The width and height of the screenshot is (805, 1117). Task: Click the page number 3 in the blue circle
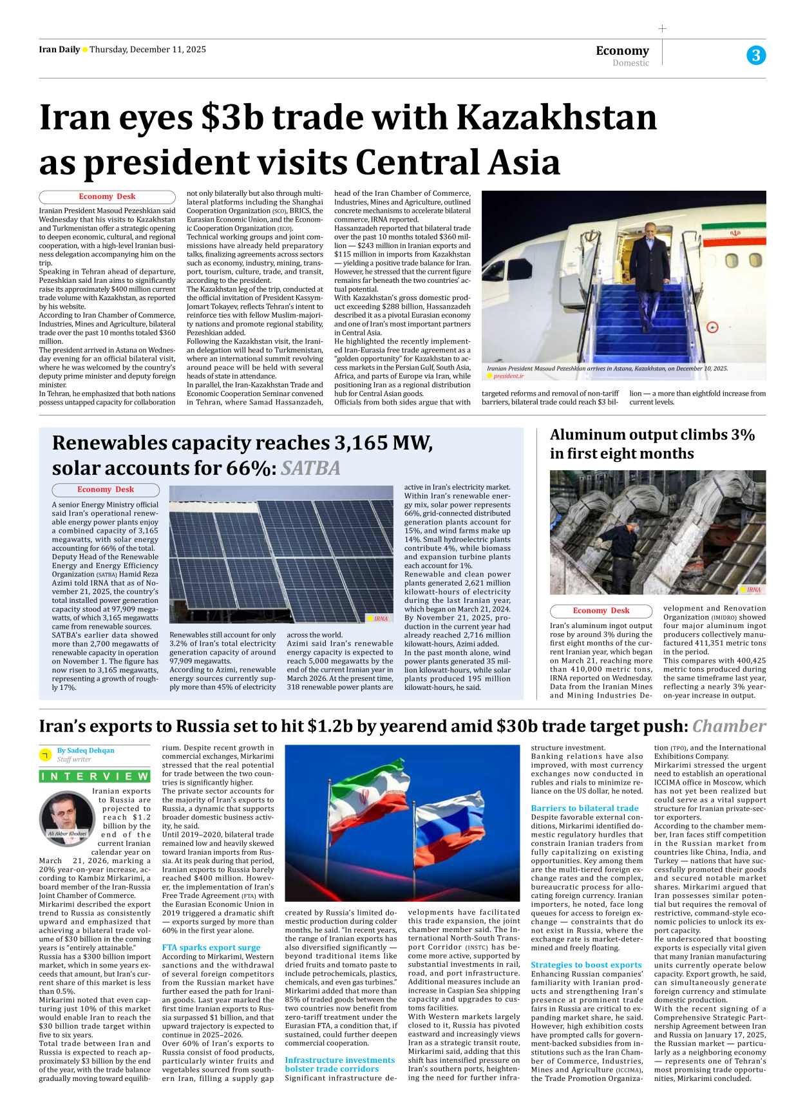pos(755,55)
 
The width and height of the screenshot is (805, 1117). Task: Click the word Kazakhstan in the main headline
pos(556,118)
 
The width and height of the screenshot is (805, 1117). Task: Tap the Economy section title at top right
pos(622,50)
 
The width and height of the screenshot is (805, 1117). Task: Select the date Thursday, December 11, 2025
pos(147,50)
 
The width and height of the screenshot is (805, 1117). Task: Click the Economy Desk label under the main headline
pos(107,196)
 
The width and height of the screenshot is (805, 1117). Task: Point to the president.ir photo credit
pos(508,376)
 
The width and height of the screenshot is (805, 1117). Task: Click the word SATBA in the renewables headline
pos(310,468)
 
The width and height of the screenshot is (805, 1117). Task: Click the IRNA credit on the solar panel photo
pos(381,618)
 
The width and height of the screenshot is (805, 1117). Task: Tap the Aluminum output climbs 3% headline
pos(652,444)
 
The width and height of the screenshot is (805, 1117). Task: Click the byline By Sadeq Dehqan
pos(86,750)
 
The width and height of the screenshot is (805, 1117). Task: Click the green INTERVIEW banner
pos(95,776)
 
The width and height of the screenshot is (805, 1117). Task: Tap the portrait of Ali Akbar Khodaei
pos(66,816)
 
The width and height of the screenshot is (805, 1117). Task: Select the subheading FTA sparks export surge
pos(211,947)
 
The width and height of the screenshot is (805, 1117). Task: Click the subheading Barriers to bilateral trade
pos(585,808)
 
